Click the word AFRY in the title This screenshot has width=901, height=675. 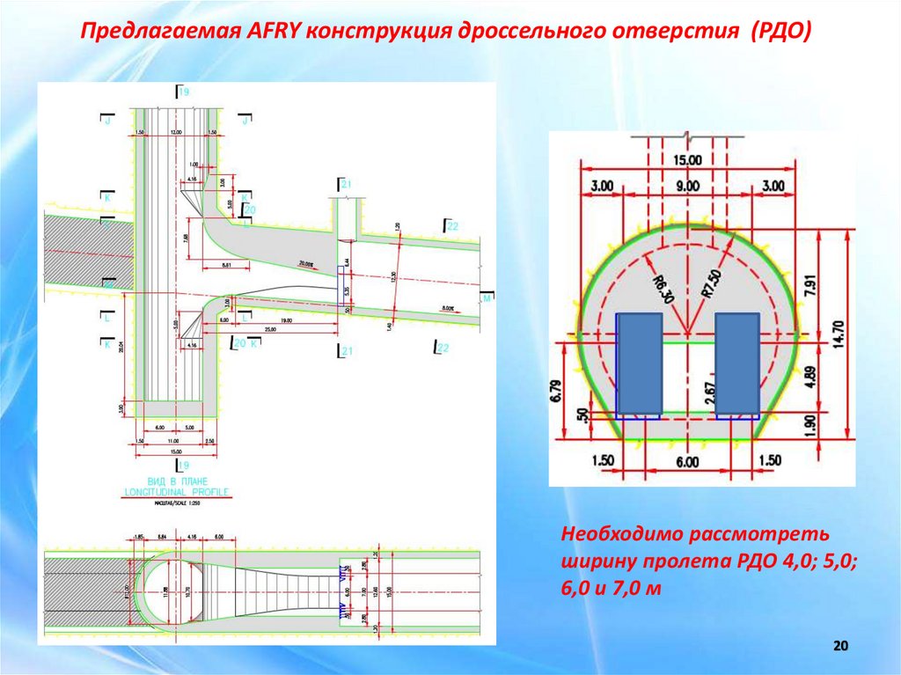pyautogui.click(x=269, y=33)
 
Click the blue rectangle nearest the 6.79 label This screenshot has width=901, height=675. pyautogui.click(x=639, y=363)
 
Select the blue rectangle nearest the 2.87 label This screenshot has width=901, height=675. pyautogui.click(x=736, y=363)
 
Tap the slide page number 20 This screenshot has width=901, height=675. pyautogui.click(x=839, y=648)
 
